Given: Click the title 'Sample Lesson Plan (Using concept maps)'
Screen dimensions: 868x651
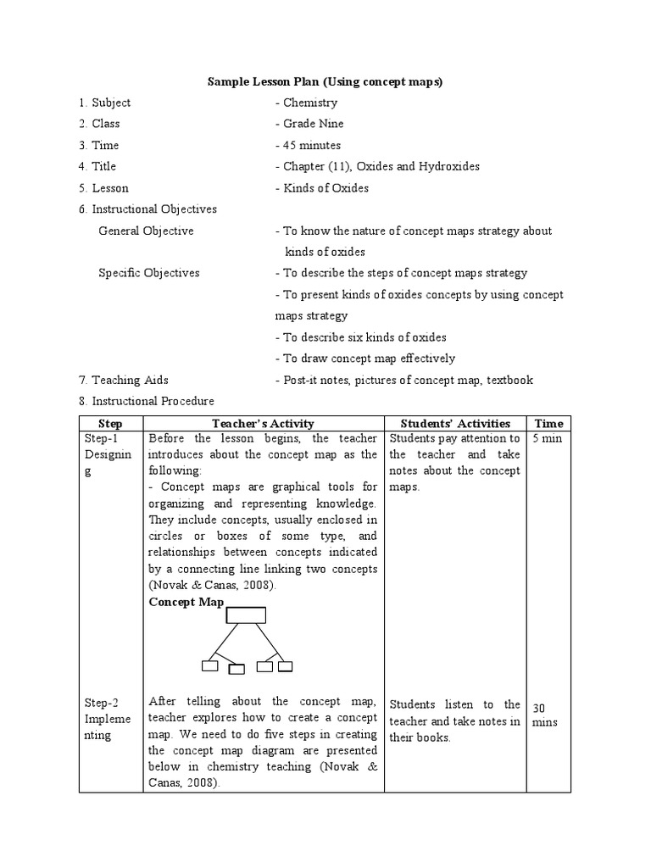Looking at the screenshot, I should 325,81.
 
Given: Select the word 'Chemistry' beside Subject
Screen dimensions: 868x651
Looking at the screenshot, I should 309,103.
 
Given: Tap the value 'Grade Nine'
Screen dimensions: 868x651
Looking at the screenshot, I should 313,124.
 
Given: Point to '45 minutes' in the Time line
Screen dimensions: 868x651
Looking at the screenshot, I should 311,145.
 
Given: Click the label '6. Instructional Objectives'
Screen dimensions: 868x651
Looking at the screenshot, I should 147,209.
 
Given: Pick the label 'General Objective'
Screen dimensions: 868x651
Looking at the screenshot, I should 146,231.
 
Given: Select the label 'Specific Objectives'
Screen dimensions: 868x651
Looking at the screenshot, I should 149,273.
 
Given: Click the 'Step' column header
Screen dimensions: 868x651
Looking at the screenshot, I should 111,423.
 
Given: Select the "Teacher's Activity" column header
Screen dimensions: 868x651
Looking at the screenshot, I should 263,423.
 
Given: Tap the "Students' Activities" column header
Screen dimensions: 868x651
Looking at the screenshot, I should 454,423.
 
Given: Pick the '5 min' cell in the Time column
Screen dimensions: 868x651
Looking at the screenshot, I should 547,439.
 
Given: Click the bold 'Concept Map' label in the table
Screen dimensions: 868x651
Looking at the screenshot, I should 186,602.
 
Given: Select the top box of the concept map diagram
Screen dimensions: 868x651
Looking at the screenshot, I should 247,615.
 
